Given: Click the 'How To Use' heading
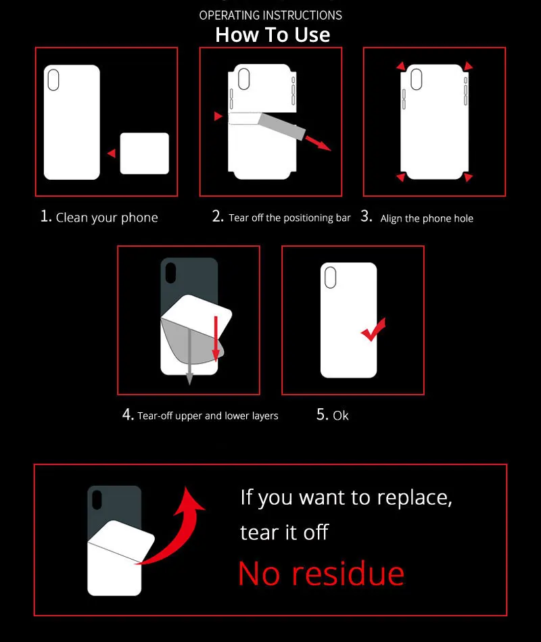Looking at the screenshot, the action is tap(273, 34).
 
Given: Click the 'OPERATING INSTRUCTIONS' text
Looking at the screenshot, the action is tap(270, 16).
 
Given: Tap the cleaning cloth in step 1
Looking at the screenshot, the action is tap(144, 153).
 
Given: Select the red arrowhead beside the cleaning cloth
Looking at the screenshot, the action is tap(112, 153).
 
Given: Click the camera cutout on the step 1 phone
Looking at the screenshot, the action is tap(53, 80).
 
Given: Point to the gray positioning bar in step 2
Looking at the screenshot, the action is tap(281, 126).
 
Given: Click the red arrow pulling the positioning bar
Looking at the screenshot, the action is tap(318, 143).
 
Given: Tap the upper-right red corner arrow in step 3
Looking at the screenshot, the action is tap(468, 66).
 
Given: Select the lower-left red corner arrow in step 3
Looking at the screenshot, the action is tap(401, 176).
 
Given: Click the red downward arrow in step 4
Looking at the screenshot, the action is tap(216, 339).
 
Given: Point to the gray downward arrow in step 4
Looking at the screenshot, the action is tap(189, 357).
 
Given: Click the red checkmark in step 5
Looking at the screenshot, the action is tap(373, 330).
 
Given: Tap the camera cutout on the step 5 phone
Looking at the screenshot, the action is tap(330, 278).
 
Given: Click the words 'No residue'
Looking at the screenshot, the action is tap(321, 574).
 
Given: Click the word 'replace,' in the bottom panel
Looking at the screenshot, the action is tap(415, 498).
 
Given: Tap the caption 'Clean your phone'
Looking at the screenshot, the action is tap(107, 218).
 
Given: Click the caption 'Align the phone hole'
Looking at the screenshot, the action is tap(427, 219).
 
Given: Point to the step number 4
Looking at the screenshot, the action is tap(128, 415).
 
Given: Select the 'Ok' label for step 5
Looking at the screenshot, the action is tap(341, 416).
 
